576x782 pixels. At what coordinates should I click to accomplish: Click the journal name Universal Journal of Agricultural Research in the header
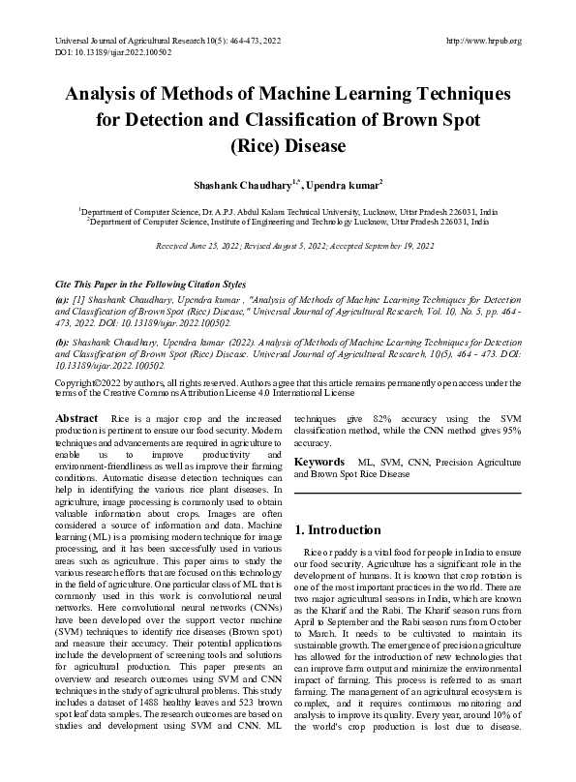click(127, 41)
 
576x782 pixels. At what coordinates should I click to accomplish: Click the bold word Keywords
click(318, 464)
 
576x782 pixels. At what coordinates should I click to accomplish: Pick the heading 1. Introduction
click(339, 529)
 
